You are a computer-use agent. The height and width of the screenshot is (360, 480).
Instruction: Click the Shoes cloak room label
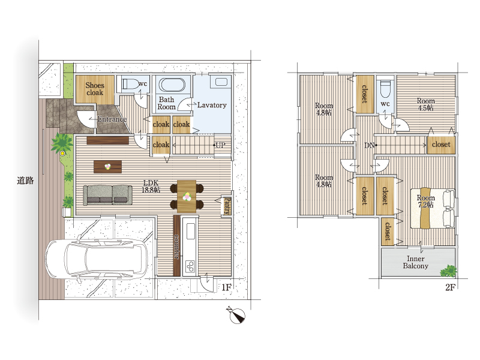(95, 89)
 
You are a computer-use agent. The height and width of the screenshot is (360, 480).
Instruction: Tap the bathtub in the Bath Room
(172, 85)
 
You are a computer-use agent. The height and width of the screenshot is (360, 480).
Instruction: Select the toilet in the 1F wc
(130, 83)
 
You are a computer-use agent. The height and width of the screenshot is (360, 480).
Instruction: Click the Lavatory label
(212, 105)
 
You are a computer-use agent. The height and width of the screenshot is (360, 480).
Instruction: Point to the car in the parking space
(97, 259)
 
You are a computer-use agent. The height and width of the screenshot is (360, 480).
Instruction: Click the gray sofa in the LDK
(108, 195)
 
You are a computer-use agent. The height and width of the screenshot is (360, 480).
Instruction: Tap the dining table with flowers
(187, 196)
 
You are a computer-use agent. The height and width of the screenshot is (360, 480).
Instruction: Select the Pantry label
(227, 206)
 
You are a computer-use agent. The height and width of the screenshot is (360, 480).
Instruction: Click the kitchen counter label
(176, 246)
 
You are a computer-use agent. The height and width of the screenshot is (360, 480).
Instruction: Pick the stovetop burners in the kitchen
(190, 266)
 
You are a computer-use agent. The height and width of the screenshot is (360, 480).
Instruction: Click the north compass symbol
(236, 314)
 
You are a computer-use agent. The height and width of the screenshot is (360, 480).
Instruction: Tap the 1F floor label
(227, 287)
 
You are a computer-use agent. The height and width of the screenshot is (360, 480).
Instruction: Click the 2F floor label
(451, 287)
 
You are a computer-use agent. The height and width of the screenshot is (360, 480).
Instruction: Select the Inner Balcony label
(415, 262)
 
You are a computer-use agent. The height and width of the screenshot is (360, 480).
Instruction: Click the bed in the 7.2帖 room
(433, 208)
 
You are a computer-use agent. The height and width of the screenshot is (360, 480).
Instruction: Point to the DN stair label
(370, 145)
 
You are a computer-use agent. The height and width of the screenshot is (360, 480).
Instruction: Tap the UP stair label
(220, 145)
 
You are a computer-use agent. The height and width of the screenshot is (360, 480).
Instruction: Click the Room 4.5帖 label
(426, 104)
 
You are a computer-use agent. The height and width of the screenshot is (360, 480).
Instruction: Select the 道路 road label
(25, 181)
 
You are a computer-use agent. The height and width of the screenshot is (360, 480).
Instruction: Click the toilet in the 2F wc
(385, 88)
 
